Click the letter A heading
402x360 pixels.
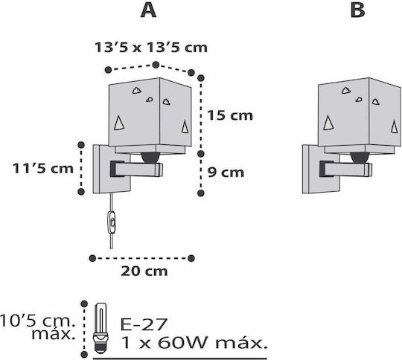click(148, 10)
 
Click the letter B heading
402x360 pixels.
click(357, 10)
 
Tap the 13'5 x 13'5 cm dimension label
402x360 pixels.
click(151, 48)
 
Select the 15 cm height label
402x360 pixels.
click(230, 115)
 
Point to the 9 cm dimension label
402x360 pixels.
click(226, 172)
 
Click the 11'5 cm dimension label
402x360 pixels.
click(43, 169)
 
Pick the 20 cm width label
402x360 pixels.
click(144, 271)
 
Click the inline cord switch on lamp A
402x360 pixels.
click(112, 222)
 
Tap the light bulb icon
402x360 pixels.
click(100, 329)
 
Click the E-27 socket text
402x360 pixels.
click(144, 324)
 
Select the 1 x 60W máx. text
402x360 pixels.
click(194, 343)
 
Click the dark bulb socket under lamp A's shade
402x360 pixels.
click(150, 158)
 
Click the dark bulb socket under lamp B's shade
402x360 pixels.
click(360, 158)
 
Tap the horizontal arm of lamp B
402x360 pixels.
click(346, 169)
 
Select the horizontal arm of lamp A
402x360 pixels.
click(137, 169)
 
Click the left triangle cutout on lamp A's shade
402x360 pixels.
click(119, 123)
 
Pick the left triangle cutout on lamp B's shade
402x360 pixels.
click(328, 123)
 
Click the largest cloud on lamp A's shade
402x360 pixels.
click(137, 90)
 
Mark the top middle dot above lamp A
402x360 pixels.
click(156, 65)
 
